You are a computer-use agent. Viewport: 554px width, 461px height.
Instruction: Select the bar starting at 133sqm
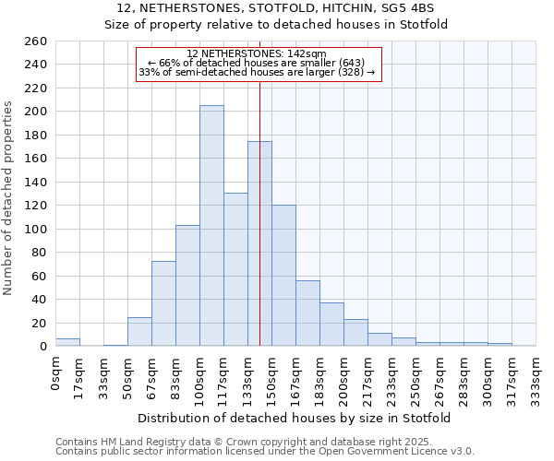point(259,244)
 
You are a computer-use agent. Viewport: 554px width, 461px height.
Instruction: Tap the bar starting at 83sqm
point(187,286)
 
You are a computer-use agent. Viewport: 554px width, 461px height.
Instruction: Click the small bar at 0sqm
point(67,342)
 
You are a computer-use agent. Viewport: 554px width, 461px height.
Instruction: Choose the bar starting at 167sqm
point(307,313)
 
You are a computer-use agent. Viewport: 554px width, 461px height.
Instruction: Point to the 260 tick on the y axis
point(37,41)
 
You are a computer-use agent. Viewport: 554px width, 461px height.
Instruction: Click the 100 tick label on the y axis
point(37,229)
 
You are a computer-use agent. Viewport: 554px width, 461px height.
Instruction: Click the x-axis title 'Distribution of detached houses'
point(295,419)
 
